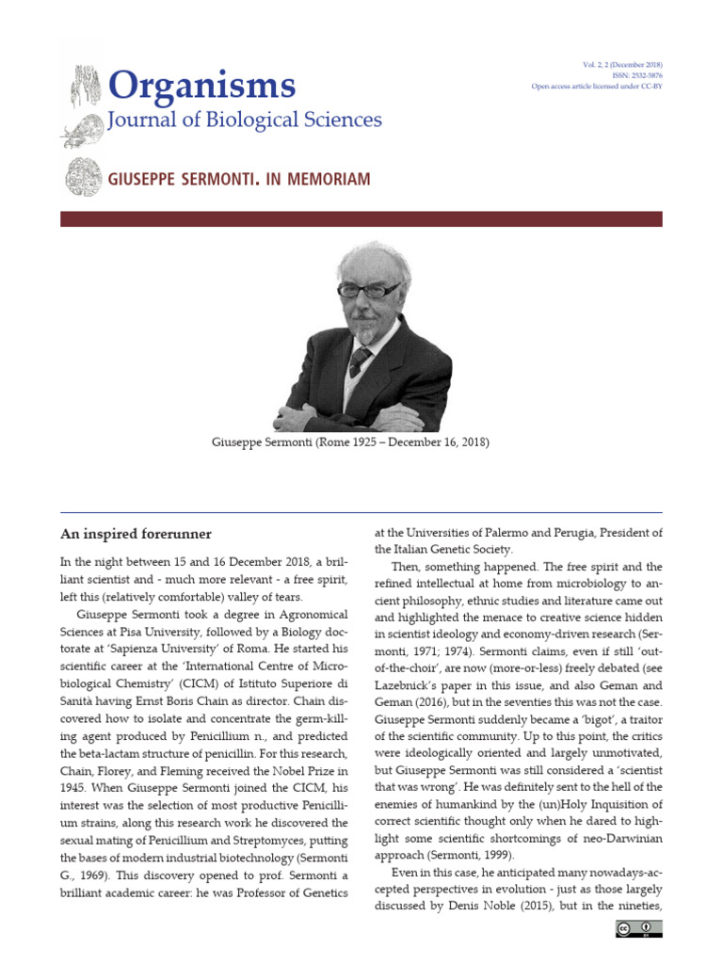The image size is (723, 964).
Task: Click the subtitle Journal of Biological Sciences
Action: tap(246, 120)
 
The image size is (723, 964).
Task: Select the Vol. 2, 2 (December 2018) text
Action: tap(622, 64)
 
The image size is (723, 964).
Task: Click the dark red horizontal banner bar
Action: tap(361, 219)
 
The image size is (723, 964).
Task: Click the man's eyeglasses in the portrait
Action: tap(370, 290)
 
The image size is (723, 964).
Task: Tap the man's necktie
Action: tap(360, 361)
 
